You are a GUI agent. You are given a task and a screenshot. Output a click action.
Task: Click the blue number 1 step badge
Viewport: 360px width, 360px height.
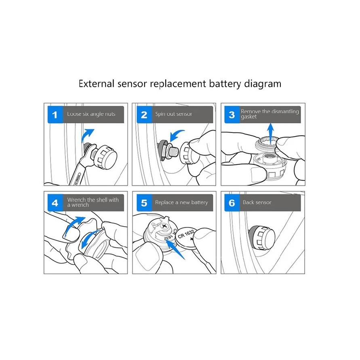tap(55, 115)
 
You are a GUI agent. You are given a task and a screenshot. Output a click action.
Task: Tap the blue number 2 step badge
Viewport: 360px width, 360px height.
tap(144, 115)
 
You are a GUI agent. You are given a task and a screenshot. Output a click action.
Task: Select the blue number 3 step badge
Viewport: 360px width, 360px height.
tap(232, 115)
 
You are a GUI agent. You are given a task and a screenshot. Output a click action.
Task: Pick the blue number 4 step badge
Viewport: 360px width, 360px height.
tap(55, 203)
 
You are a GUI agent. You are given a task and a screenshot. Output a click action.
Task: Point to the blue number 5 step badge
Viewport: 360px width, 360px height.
tap(144, 203)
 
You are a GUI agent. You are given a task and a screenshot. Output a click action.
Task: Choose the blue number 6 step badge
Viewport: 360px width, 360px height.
tap(232, 203)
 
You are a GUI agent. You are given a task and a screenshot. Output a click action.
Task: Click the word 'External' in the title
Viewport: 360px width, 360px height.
tap(97, 84)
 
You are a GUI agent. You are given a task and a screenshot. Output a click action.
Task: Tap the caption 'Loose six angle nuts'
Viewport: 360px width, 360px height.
tap(91, 114)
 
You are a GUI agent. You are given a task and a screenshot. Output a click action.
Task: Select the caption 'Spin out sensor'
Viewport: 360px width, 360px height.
tap(174, 114)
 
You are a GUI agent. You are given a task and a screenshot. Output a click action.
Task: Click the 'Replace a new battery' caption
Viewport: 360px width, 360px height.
tap(181, 202)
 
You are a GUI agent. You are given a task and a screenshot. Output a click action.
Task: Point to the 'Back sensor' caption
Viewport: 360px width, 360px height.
tap(257, 202)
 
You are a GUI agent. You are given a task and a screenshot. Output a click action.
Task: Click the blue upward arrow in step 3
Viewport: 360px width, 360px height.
tap(271, 134)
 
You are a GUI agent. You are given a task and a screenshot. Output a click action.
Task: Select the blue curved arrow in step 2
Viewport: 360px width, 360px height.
tap(176, 136)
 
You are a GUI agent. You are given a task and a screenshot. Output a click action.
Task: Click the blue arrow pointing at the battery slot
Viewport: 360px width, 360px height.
tap(175, 250)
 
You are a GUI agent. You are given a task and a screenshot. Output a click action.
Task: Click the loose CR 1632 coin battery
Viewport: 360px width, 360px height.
tap(187, 238)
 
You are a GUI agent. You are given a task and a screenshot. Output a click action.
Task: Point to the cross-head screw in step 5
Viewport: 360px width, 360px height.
tap(164, 226)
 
